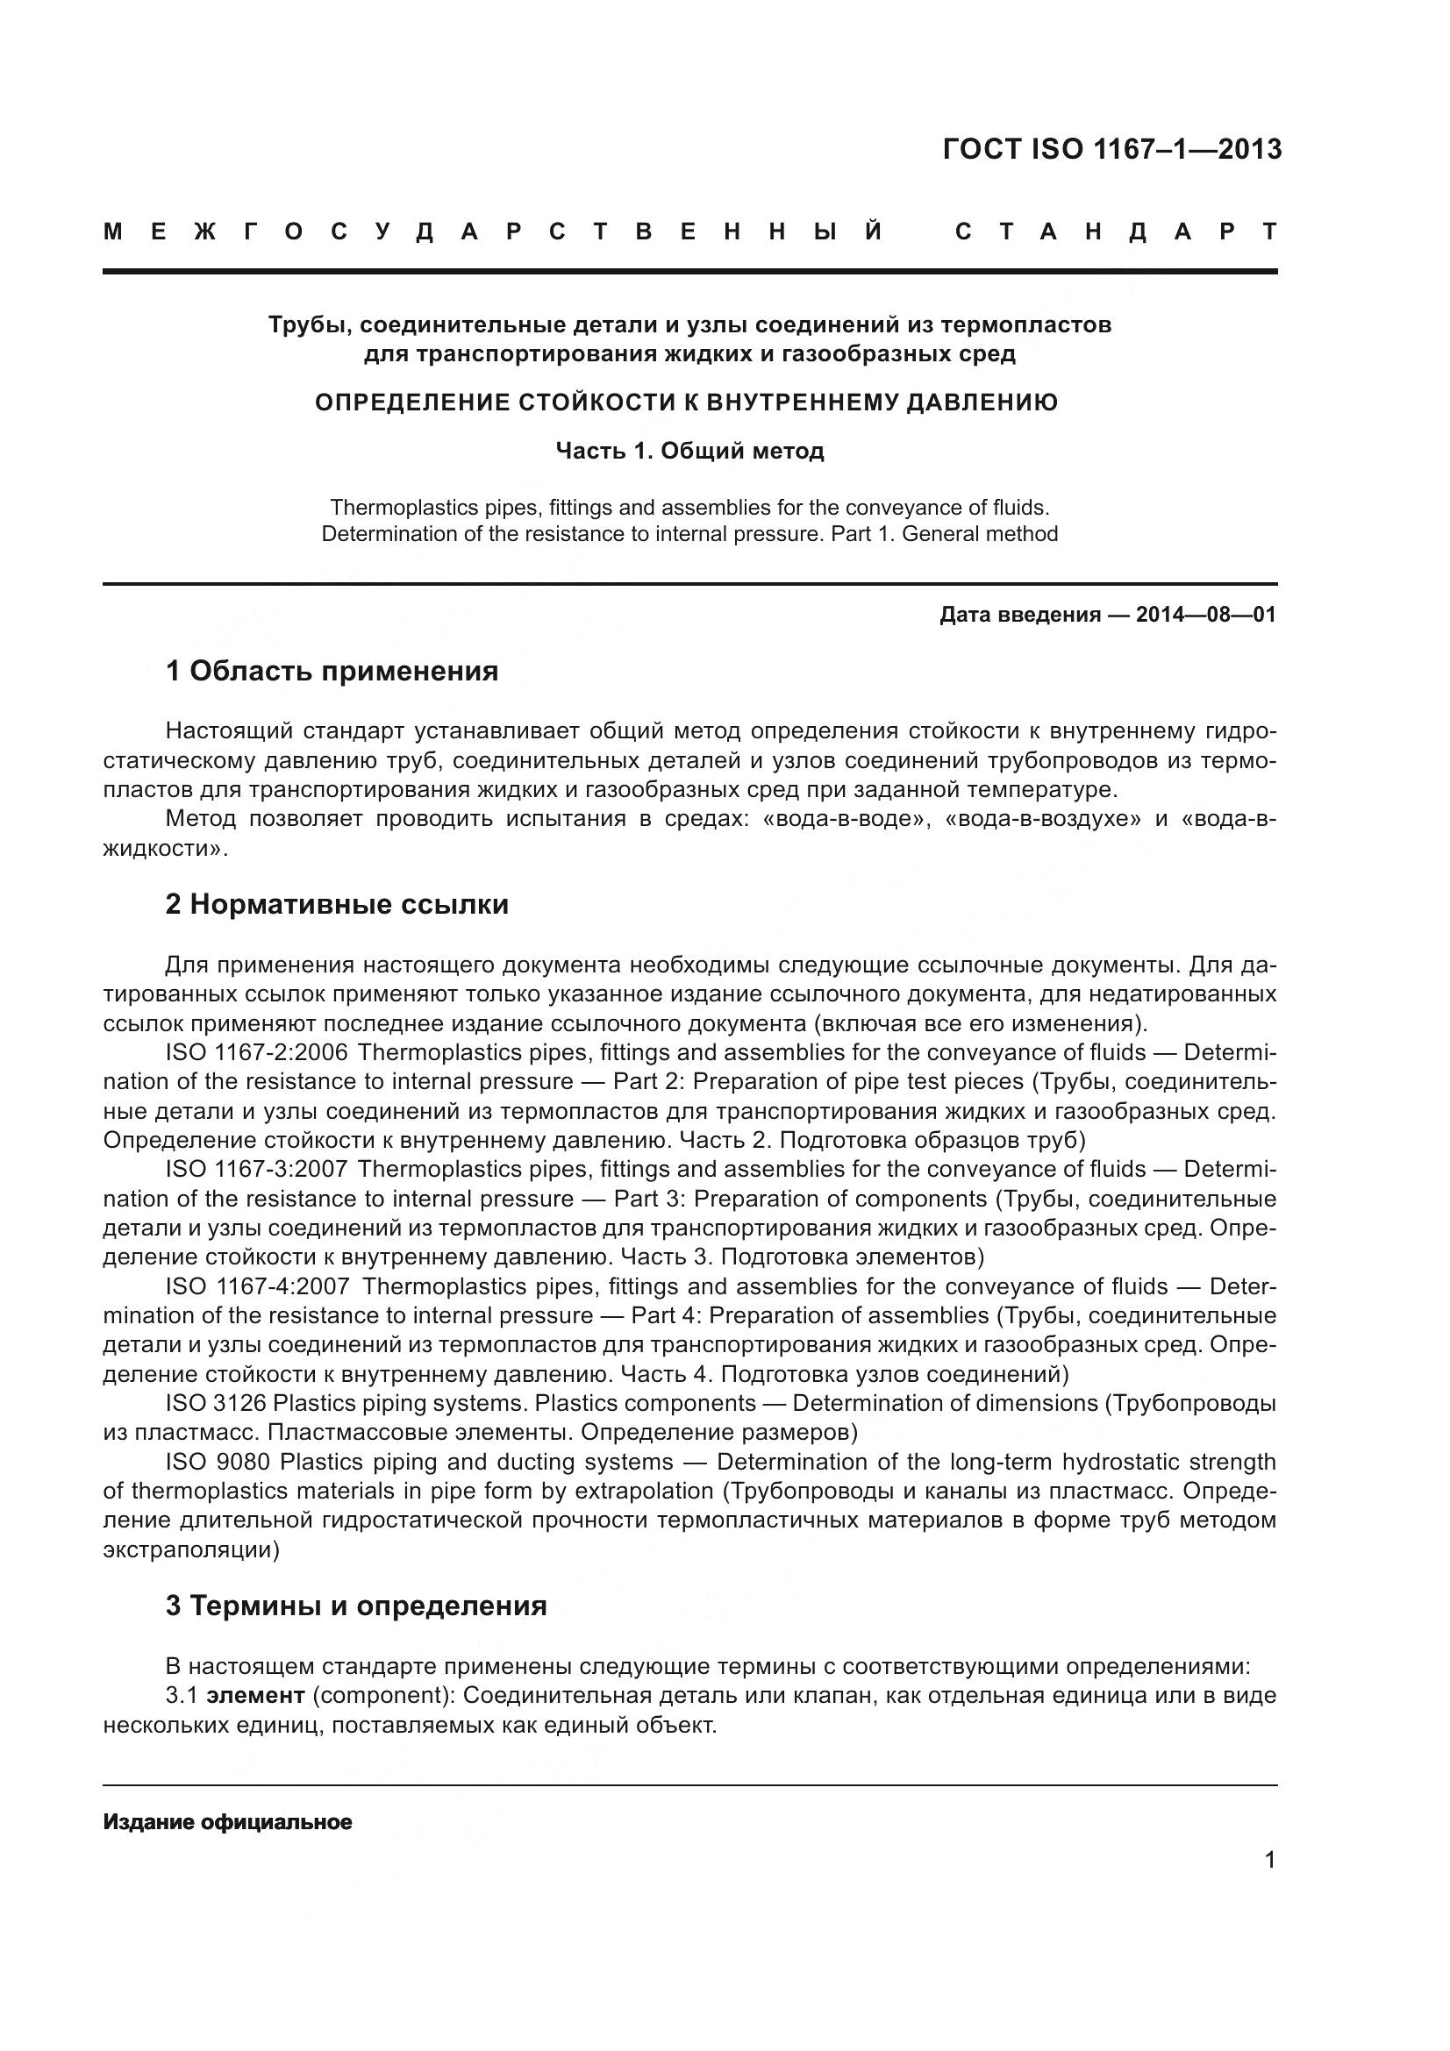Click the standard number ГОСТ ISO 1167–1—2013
[1111, 149]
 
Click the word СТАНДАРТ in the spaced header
[1116, 232]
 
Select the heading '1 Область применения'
[332, 671]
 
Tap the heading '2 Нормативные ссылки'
[337, 905]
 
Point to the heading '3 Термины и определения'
[355, 1606]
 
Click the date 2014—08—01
[1205, 615]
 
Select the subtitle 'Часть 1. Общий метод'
[689, 450]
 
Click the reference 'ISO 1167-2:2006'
[255, 1052]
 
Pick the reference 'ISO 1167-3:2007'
[255, 1170]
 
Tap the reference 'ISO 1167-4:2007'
[257, 1286]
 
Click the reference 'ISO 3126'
[215, 1403]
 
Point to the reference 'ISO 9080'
[215, 1463]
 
